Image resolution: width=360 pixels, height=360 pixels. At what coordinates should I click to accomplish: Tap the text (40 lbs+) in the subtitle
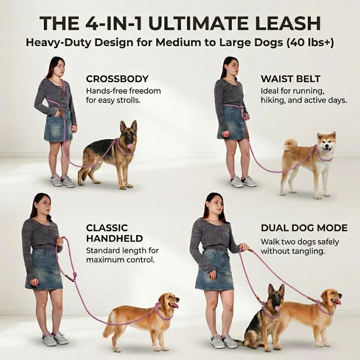[310, 43]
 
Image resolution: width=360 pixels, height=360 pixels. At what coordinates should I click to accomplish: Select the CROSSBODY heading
[117, 79]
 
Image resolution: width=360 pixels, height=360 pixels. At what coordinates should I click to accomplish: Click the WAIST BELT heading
[290, 79]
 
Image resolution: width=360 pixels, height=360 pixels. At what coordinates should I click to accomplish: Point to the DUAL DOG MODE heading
[304, 228]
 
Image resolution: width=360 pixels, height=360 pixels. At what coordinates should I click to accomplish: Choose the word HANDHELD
[114, 238]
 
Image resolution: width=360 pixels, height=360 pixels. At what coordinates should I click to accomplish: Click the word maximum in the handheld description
[103, 260]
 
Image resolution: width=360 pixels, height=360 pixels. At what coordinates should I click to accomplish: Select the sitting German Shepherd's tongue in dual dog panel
[277, 308]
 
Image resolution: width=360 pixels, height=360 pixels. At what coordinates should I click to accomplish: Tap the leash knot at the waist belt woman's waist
[241, 108]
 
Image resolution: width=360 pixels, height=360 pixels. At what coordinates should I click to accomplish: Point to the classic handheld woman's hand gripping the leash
[60, 241]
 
